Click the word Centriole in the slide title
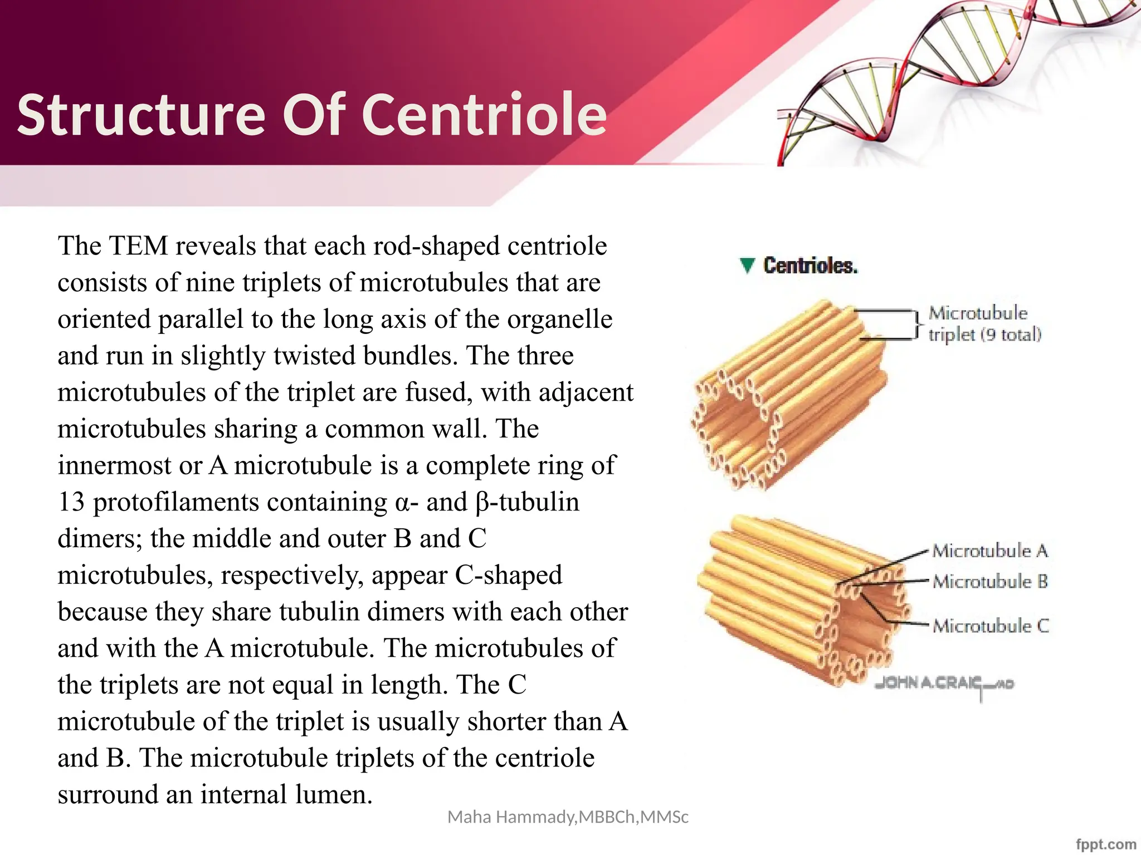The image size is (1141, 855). click(484, 115)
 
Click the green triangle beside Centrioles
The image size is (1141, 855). click(747, 266)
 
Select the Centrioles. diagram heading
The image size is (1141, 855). click(810, 266)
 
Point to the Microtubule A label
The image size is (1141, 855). click(990, 551)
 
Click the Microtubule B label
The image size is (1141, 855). click(990, 582)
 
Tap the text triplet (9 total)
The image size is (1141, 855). click(984, 335)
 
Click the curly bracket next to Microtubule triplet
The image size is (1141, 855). click(918, 324)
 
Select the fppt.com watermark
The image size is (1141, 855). click(1106, 844)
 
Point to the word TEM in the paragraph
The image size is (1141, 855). click(139, 246)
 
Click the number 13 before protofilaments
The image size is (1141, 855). click(71, 502)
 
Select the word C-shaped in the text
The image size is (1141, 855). click(508, 575)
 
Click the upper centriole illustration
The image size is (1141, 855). click(788, 395)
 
